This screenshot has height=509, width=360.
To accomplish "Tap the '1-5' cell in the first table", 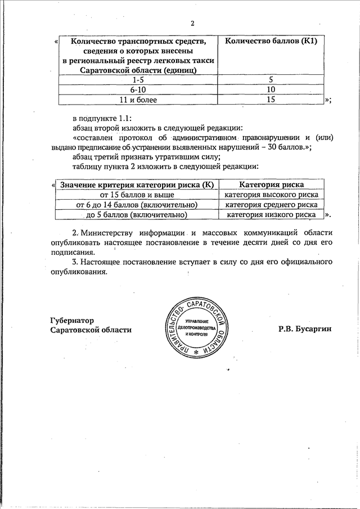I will click(137, 80).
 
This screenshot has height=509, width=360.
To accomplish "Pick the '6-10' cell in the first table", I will click(137, 89).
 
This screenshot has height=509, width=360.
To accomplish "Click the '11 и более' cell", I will click(137, 100).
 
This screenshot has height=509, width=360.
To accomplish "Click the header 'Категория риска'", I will click(271, 184).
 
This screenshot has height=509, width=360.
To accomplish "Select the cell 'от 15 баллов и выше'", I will click(137, 195).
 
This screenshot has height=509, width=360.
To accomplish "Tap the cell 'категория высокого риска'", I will click(272, 195).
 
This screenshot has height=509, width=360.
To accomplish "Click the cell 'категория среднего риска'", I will click(272, 205).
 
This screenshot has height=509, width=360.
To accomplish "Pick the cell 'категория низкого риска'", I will click(272, 215).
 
